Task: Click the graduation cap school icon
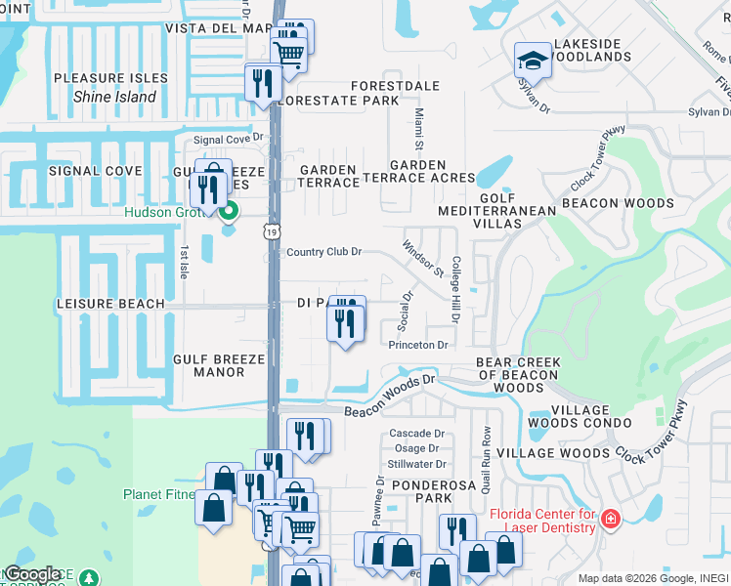tap(532, 61)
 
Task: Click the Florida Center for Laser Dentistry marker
tap(611, 518)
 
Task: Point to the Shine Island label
tap(114, 97)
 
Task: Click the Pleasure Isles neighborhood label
tap(104, 78)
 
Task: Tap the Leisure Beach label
tap(110, 304)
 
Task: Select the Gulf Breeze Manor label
tap(219, 365)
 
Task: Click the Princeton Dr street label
tap(417, 345)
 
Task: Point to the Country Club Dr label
tap(323, 252)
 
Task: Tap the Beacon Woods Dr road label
tap(388, 396)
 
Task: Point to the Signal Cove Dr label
tap(229, 140)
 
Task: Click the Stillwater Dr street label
tap(416, 464)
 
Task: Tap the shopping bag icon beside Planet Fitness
tap(213, 509)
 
